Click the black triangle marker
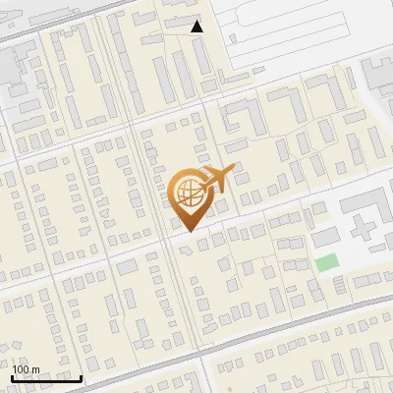(197, 27)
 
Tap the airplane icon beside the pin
(219, 180)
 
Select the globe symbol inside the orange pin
(188, 193)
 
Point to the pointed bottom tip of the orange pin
(188, 232)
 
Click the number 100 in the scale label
(21, 369)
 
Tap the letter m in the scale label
(35, 369)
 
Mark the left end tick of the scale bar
(11, 377)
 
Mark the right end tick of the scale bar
(82, 377)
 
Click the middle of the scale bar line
(46, 379)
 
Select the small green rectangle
(326, 262)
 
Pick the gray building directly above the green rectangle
(323, 238)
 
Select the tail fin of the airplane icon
(206, 176)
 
